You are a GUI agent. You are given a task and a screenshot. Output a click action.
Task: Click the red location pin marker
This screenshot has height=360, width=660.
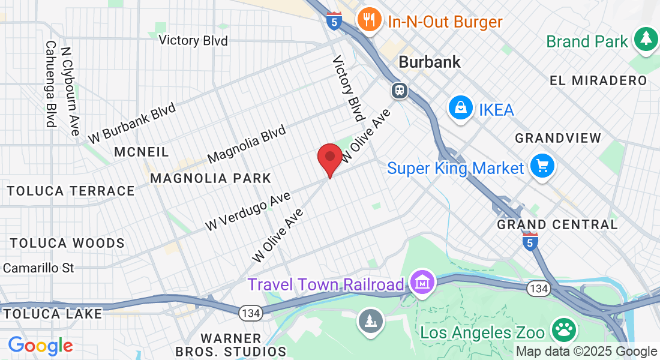[x=329, y=158]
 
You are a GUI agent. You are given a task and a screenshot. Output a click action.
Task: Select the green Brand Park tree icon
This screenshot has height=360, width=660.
[x=646, y=39]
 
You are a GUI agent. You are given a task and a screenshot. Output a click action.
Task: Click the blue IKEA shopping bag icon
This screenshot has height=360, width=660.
[x=460, y=109]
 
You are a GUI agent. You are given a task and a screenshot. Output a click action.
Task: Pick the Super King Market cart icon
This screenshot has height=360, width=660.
[x=542, y=166]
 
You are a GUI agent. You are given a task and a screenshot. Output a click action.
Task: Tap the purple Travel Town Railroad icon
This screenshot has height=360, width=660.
[x=422, y=283]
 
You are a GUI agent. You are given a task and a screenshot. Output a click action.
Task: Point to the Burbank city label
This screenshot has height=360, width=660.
[x=430, y=62]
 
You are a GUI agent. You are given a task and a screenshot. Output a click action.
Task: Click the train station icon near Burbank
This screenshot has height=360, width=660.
[x=399, y=91]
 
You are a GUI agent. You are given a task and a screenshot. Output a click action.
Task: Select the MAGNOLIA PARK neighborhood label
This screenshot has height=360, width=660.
[x=211, y=178]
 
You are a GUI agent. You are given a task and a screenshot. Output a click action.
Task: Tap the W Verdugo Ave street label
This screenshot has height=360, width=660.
[x=248, y=211]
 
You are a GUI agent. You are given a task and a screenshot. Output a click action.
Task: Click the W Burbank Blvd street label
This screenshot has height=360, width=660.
[x=132, y=124]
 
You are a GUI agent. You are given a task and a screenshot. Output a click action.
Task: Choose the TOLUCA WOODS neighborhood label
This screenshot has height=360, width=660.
[x=67, y=243]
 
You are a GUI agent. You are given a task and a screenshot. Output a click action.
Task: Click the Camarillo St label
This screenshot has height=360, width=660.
[x=38, y=268]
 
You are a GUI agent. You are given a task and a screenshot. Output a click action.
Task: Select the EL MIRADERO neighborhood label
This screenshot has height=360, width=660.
[x=598, y=80]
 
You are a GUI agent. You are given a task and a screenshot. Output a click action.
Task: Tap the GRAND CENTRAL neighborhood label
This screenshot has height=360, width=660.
[x=557, y=224]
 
